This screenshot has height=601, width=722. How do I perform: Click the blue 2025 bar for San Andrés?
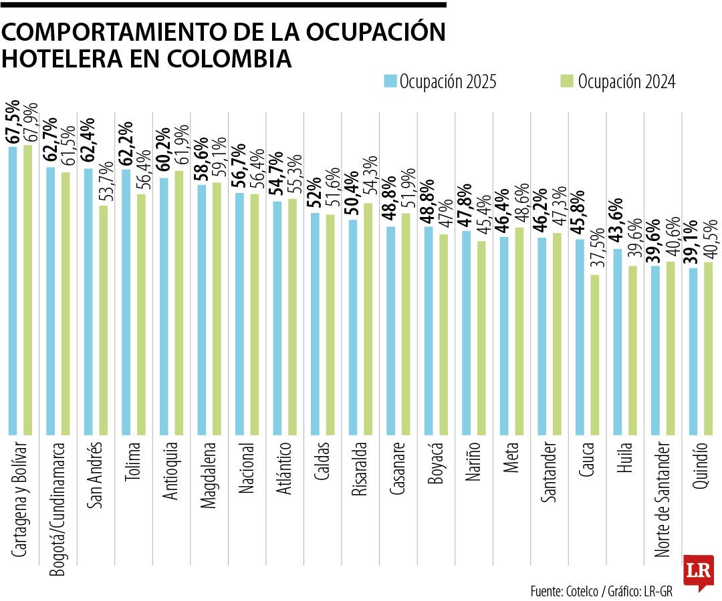[x=88, y=300]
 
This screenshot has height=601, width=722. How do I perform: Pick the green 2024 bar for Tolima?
[x=141, y=314]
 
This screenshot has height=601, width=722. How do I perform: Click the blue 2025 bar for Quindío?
[x=693, y=351]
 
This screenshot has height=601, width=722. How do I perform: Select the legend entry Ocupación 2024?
[x=617, y=81]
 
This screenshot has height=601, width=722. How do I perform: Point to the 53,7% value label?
[x=104, y=181]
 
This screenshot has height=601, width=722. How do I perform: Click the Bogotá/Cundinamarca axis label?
[x=59, y=504]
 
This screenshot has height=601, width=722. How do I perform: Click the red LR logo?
[x=698, y=572]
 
